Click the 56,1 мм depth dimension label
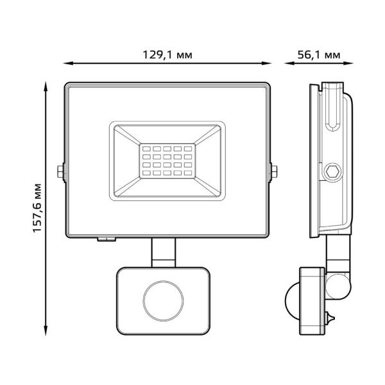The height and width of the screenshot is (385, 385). pyautogui.click(x=319, y=55)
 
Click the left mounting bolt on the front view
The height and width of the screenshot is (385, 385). pyautogui.click(x=60, y=171)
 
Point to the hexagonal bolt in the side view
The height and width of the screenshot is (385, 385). pyautogui.click(x=332, y=171)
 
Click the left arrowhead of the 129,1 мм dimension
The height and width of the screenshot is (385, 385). pyautogui.click(x=67, y=64)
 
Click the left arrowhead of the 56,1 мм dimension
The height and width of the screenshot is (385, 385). pyautogui.click(x=287, y=64)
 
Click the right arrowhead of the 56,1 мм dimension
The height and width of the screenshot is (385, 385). pyautogui.click(x=352, y=64)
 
